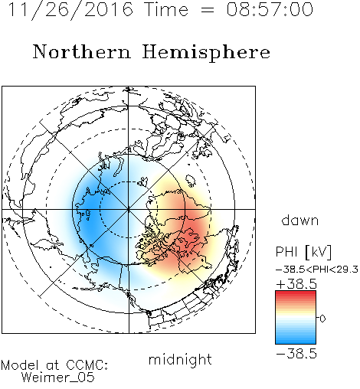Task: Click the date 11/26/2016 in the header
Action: point(70,10)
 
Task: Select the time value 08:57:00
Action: point(270,9)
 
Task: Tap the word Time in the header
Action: point(166,9)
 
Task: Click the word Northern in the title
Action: point(82,52)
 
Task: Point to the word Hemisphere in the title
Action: point(206,53)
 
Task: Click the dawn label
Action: point(300,220)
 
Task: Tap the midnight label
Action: point(180,360)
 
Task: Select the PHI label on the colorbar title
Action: point(286,252)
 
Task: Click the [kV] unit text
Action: point(319,252)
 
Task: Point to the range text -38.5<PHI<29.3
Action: point(317,270)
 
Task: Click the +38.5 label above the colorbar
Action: point(296,284)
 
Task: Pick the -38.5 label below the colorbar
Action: point(296,354)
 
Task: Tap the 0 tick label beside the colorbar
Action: point(322,319)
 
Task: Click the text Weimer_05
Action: point(58,378)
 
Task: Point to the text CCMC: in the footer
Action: point(87,365)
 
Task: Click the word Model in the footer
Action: point(20,365)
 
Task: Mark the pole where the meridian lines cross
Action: point(129,209)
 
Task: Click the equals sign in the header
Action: point(208,10)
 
